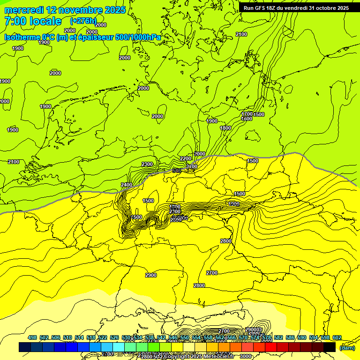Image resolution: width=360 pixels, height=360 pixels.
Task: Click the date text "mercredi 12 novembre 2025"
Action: [x=65, y=10]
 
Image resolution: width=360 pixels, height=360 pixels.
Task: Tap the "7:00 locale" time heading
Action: [x=33, y=21]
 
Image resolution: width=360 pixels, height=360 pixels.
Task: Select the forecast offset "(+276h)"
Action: [x=83, y=21]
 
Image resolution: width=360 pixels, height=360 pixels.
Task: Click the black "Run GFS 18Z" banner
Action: [x=296, y=7]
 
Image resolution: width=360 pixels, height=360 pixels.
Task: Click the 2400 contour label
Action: [x=127, y=185]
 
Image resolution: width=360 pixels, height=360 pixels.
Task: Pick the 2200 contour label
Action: [x=186, y=159]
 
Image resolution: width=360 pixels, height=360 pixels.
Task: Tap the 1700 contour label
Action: [x=247, y=114]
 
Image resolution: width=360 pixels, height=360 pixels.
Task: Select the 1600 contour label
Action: [x=247, y=119]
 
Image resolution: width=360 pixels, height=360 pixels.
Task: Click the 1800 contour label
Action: [x=225, y=128]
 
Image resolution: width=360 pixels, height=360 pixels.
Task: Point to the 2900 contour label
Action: [x=151, y=275]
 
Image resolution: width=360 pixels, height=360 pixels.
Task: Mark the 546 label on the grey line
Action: [x=177, y=171]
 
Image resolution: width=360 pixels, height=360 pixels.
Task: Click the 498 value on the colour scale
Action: [x=32, y=337]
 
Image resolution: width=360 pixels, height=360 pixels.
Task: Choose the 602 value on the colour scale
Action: [x=337, y=337]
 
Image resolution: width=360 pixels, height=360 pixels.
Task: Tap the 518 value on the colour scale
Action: [x=91, y=337]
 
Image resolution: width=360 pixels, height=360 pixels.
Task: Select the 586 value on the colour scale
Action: [x=290, y=337]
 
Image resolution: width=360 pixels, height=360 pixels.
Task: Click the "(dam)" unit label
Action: [x=347, y=347]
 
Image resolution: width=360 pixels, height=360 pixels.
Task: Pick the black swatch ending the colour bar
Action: [x=330, y=347]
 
